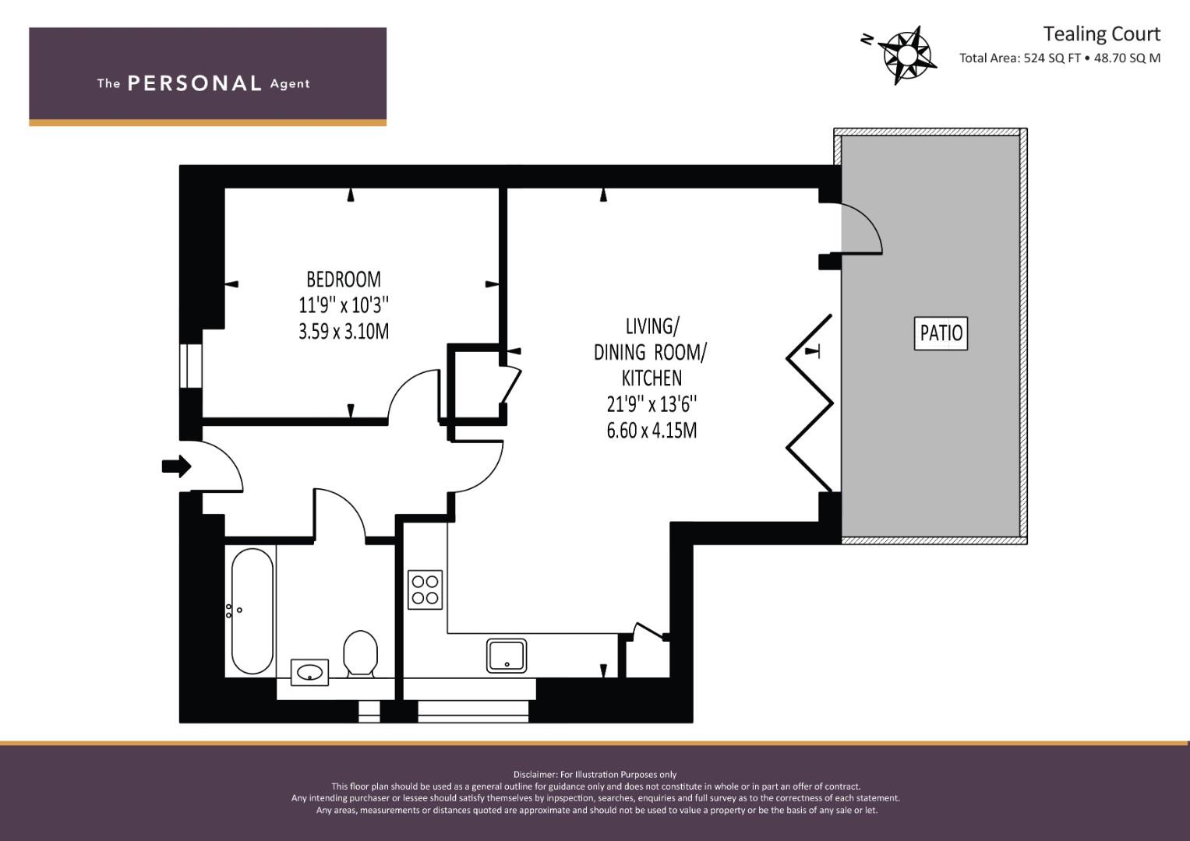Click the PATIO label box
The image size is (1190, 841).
[x=941, y=333]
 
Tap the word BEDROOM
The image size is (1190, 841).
[x=344, y=280]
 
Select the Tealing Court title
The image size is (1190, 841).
[x=1101, y=34]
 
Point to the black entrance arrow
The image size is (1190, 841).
[x=176, y=466]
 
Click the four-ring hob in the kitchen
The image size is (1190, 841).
[x=425, y=590]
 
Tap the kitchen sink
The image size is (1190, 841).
[x=507, y=656]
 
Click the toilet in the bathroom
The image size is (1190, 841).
[x=360, y=653]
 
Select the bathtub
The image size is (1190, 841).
[x=252, y=611]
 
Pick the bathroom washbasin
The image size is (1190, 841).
[x=309, y=673]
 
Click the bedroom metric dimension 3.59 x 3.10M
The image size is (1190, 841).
[x=344, y=331]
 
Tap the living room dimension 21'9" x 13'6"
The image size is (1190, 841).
[x=651, y=405]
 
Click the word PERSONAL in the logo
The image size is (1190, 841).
[x=195, y=83]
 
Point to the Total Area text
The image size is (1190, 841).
[x=1059, y=58]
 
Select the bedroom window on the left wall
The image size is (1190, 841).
[x=191, y=366]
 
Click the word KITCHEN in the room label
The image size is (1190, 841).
[x=651, y=378]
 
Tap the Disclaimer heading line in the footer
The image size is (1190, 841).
[x=595, y=775]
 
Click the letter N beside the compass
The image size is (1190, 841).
[x=867, y=39]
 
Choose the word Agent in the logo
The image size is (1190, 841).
[x=290, y=84]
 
